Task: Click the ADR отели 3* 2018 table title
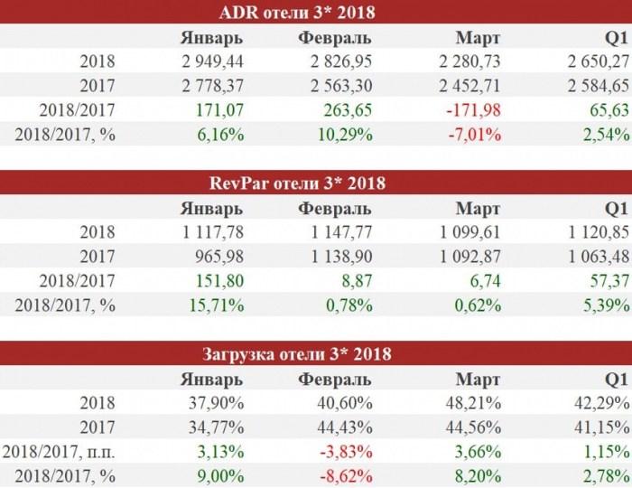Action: [x=297, y=13]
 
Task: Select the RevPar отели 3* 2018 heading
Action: [x=297, y=183]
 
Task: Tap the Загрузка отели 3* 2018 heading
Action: [x=297, y=354]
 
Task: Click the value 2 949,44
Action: [x=212, y=61]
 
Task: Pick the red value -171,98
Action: [x=474, y=110]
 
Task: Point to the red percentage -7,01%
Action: [x=475, y=135]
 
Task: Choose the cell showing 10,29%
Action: [x=345, y=135]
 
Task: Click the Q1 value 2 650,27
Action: [x=599, y=61]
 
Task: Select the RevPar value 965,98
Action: [x=219, y=257]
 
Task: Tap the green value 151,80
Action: [x=219, y=281]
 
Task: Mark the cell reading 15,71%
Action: [x=217, y=305]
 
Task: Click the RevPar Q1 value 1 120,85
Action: [x=599, y=232]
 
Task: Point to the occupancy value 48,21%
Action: [x=474, y=403]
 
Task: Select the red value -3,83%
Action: [x=346, y=452]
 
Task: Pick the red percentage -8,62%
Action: [x=346, y=476]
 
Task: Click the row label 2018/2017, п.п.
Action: [x=59, y=452]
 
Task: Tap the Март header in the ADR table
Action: [x=478, y=38]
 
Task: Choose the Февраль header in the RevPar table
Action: [x=335, y=209]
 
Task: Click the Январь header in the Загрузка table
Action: [x=211, y=380]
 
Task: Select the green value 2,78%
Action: [x=606, y=476]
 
